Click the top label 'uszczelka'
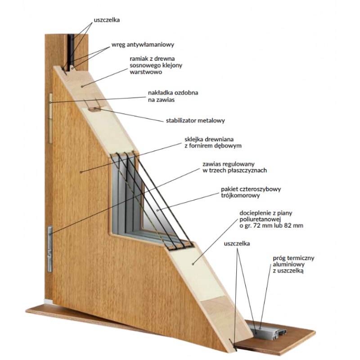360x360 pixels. click(107, 20)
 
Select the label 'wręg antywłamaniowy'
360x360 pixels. click(143, 45)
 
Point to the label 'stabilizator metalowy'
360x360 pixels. click(195, 121)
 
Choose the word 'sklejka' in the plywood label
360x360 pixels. click(194, 139)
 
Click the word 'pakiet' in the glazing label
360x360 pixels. click(229, 189)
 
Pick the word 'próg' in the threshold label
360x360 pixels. click(279, 258)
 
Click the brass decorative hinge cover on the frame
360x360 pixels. click(50, 118)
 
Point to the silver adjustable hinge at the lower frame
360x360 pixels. click(50, 249)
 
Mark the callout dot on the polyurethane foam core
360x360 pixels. click(193, 264)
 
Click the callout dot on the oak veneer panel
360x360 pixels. click(81, 172)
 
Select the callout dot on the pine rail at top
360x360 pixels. click(82, 86)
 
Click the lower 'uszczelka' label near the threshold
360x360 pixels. click(237, 243)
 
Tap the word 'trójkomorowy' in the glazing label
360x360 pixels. click(240, 196)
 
